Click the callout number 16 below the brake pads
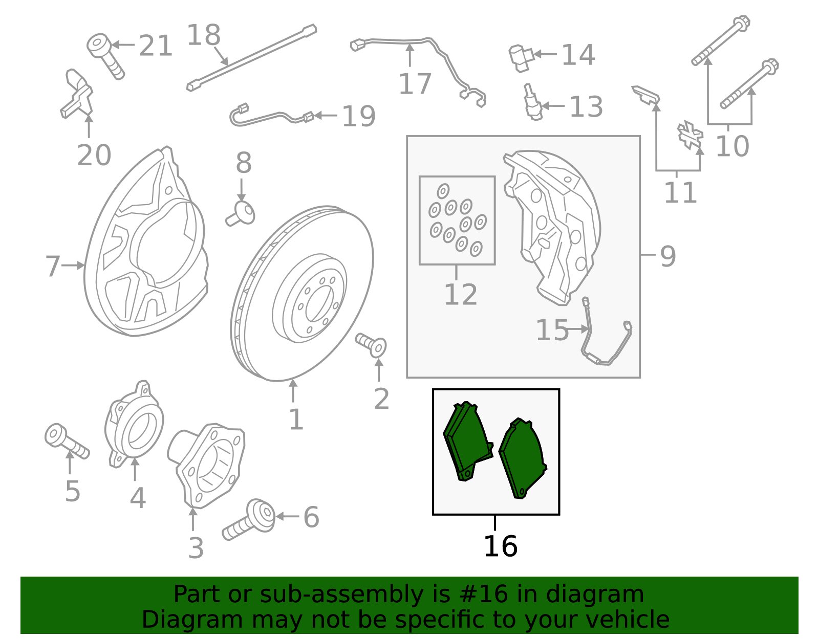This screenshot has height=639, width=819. tap(500, 546)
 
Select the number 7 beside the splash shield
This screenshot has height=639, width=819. tap(52, 266)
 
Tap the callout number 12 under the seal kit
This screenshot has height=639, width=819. tap(460, 295)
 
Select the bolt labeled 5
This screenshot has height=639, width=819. tap(66, 441)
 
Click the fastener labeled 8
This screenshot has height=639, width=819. tap(241, 213)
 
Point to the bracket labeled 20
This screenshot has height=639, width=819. tap(77, 95)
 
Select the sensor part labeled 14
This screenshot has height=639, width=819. tap(521, 57)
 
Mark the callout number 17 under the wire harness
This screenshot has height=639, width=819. tap(415, 84)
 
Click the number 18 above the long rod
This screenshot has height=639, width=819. tap(203, 35)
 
